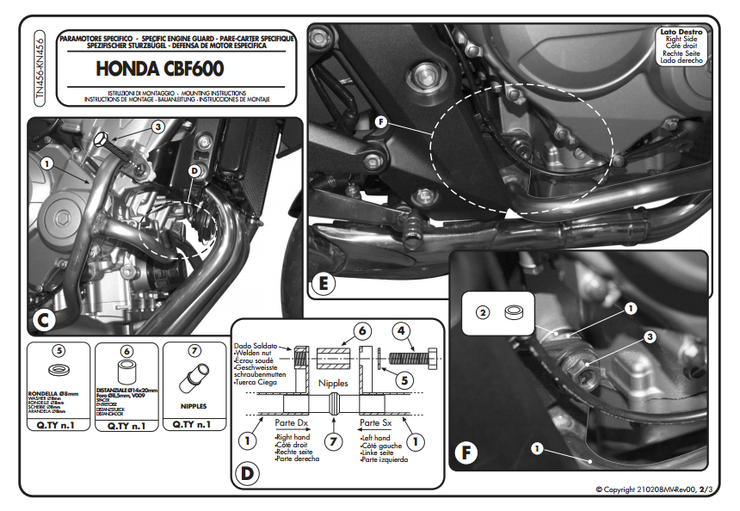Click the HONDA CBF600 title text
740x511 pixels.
[x=159, y=66]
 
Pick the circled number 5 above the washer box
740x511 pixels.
[x=58, y=351]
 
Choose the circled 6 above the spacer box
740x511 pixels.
[x=126, y=351]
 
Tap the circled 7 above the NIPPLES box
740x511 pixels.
[x=194, y=351]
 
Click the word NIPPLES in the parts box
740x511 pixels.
[x=193, y=403]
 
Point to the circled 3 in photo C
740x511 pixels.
[x=157, y=126]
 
